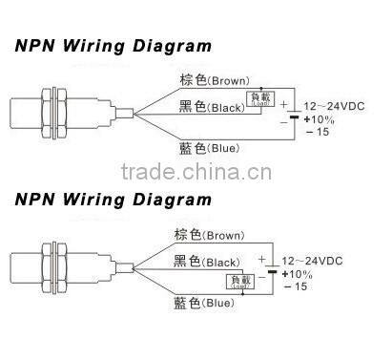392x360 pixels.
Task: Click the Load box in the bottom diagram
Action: [x=236, y=281]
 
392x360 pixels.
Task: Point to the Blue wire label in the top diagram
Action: [x=206, y=149]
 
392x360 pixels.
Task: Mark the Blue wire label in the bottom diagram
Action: [x=205, y=304]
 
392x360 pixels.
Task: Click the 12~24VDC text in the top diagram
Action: [x=336, y=106]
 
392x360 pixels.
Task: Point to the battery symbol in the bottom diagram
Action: [x=278, y=270]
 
